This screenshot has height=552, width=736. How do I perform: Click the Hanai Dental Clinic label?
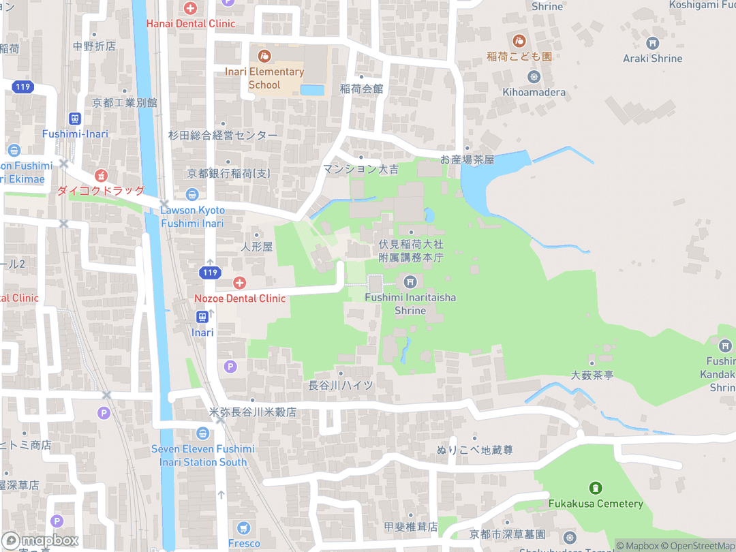tap(191, 23)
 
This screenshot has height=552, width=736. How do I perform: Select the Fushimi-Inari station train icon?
tap(75, 118)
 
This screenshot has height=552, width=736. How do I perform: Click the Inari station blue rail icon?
tap(202, 317)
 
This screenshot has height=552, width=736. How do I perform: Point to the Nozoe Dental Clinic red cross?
tap(239, 282)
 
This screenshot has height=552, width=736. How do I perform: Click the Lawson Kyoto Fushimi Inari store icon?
tap(192, 194)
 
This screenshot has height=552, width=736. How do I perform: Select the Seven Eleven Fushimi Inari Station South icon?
tap(202, 433)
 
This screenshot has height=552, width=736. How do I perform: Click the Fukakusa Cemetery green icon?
tap(596, 488)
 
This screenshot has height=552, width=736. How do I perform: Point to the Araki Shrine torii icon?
tap(652, 43)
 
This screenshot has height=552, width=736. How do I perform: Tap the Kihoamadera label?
tap(534, 92)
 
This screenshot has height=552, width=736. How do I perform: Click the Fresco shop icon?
tap(244, 528)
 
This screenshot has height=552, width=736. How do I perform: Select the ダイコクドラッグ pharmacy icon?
tap(101, 175)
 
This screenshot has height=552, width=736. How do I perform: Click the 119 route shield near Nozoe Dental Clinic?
tap(210, 273)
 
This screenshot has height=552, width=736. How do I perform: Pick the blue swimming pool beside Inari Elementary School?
tap(312, 90)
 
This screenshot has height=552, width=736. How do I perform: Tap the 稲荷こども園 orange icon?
tap(519, 41)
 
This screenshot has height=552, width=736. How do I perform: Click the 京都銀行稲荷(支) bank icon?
tap(192, 194)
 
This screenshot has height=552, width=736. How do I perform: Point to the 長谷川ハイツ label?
tap(341, 385)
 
